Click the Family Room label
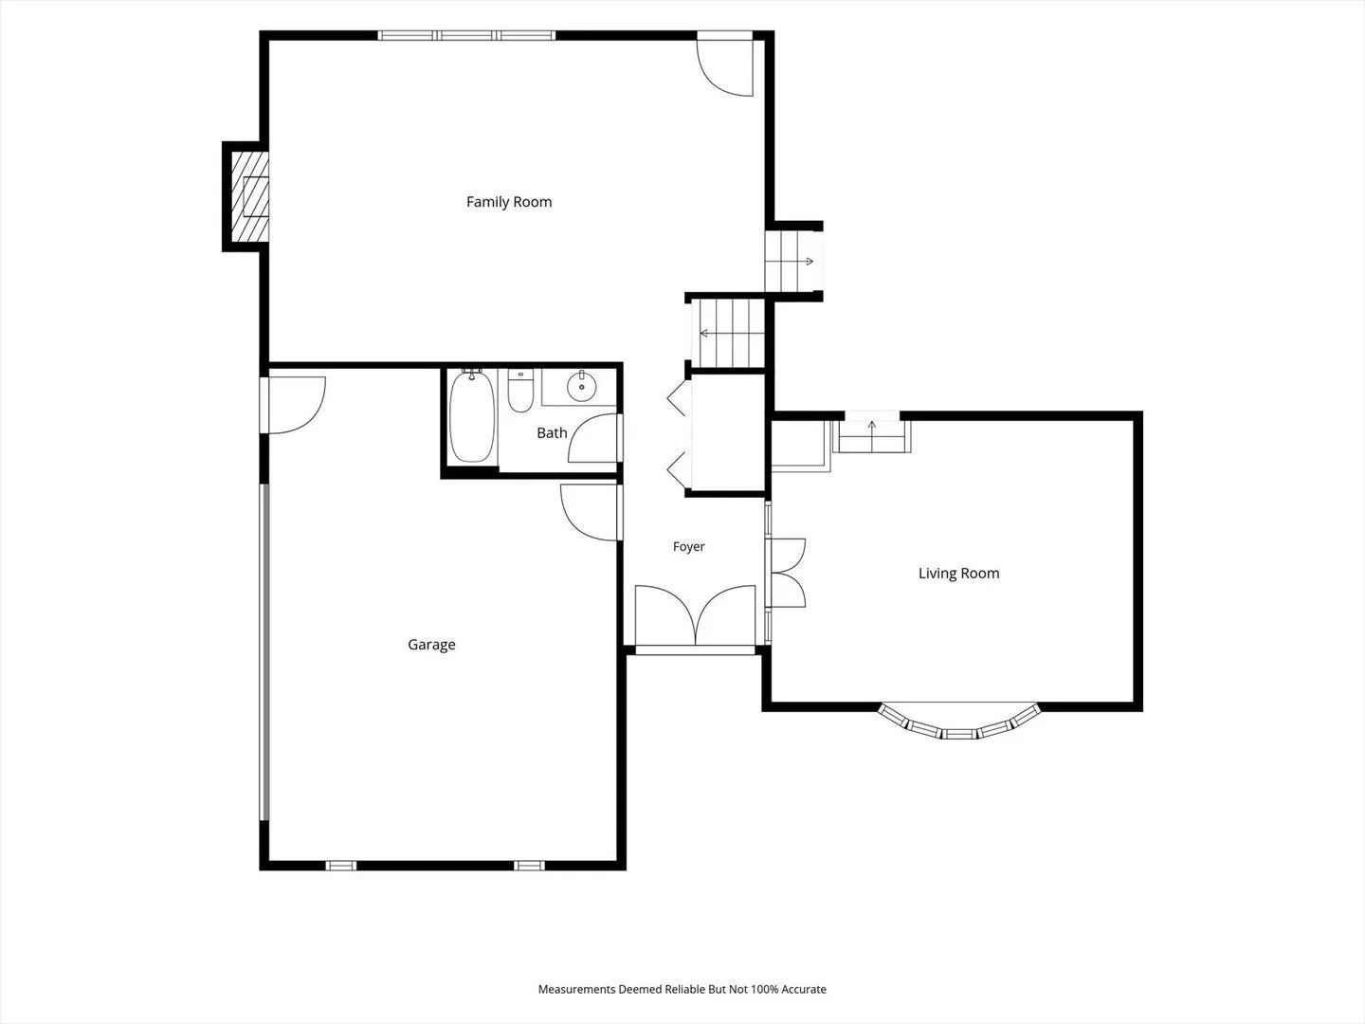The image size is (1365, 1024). tap(509, 202)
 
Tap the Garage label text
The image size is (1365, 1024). tap(431, 645)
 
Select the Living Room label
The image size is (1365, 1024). tap(959, 574)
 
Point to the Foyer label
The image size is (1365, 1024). tap(688, 546)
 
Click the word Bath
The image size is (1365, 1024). tap(553, 432)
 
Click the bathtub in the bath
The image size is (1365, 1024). tap(472, 415)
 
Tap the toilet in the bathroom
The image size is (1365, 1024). tap(520, 391)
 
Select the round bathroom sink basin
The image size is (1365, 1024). tap(581, 388)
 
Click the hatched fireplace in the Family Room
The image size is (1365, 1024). tap(250, 196)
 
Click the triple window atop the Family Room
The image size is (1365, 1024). tap(466, 35)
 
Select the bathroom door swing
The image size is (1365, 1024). tap(594, 438)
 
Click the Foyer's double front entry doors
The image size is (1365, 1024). tap(695, 616)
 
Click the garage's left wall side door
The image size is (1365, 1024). tap(293, 405)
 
